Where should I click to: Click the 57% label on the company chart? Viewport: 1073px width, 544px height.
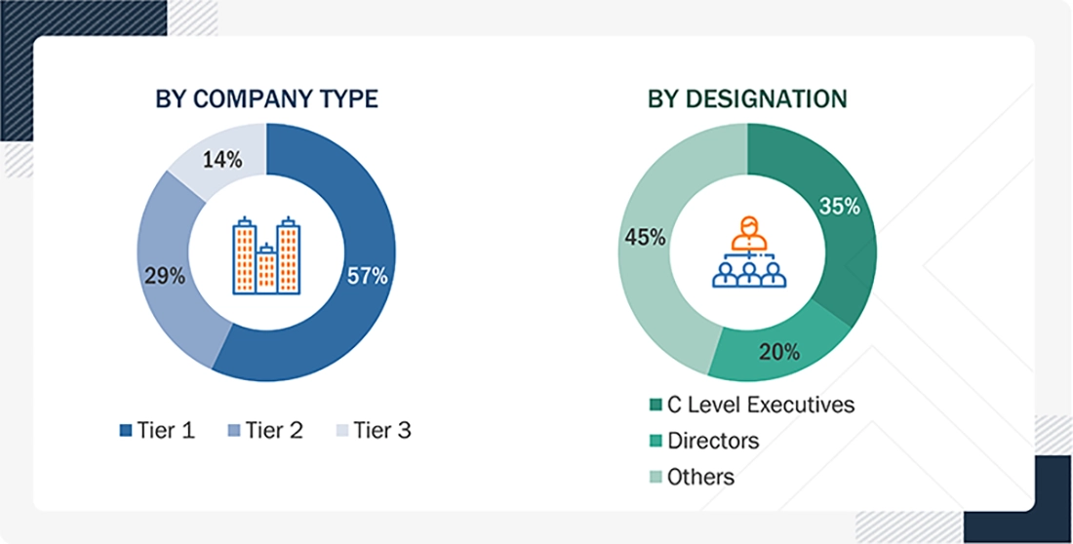click(368, 276)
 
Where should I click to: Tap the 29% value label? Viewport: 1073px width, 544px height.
click(165, 276)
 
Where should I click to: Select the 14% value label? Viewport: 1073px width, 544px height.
click(223, 160)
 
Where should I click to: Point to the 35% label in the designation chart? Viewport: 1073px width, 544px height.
click(839, 207)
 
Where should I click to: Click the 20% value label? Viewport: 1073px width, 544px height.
click(780, 351)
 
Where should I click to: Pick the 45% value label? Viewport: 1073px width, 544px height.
click(646, 237)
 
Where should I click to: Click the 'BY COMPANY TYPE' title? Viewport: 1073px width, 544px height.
click(266, 99)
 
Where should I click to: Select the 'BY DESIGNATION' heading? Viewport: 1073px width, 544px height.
click(747, 99)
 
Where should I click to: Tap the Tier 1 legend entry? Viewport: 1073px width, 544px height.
click(157, 430)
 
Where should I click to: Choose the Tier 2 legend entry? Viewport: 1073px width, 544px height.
click(265, 430)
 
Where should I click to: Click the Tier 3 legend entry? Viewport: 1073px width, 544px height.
click(373, 430)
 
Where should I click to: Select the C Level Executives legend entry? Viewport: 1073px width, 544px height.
click(751, 405)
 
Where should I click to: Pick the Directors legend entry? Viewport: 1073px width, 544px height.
click(704, 441)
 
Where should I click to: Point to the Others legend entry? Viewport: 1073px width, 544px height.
click(692, 477)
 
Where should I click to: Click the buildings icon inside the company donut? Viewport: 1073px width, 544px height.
click(266, 255)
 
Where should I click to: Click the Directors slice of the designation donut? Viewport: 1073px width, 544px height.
click(771, 356)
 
